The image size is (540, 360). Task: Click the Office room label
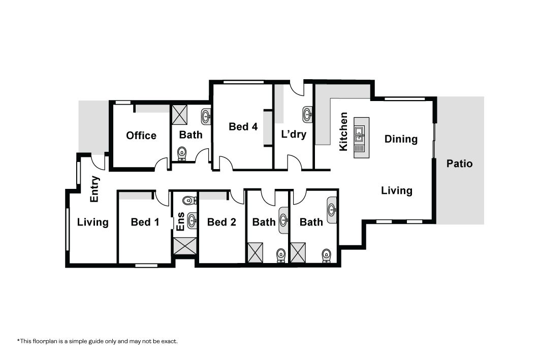(141, 136)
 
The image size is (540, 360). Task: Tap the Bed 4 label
(243, 126)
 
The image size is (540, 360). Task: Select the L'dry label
(294, 134)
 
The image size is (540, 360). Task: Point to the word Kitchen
(343, 132)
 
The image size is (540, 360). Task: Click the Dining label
(401, 139)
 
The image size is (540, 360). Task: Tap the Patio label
(459, 163)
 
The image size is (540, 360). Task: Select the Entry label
(94, 189)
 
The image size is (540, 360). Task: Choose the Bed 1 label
(145, 222)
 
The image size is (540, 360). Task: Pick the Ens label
(180, 221)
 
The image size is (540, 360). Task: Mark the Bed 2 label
(221, 222)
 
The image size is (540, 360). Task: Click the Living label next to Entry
(92, 222)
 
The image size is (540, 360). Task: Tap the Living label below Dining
(396, 191)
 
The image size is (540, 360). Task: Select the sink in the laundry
(307, 114)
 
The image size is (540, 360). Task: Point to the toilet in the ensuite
(189, 200)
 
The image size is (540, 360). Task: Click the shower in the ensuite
(185, 246)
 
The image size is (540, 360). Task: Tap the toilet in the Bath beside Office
(182, 154)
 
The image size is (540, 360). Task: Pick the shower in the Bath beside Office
(179, 115)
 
